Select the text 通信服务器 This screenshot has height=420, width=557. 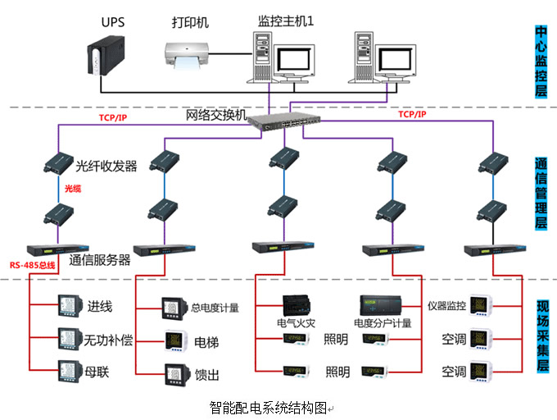click(x=100, y=261)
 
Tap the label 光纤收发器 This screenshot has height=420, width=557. click(x=106, y=167)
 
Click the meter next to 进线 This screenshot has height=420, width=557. click(x=67, y=306)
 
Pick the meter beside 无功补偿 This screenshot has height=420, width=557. click(x=67, y=338)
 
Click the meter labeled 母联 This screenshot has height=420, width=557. click(x=67, y=370)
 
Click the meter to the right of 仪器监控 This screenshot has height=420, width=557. click(x=480, y=306)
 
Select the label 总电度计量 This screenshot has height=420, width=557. click(x=215, y=308)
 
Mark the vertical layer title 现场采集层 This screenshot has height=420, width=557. click(x=541, y=337)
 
